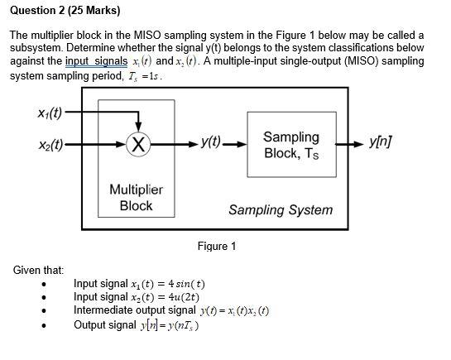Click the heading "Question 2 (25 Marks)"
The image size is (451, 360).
65,11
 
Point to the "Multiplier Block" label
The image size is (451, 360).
137,197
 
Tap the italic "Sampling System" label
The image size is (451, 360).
281,209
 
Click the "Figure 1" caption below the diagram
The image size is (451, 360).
217,246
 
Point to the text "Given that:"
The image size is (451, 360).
38,271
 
